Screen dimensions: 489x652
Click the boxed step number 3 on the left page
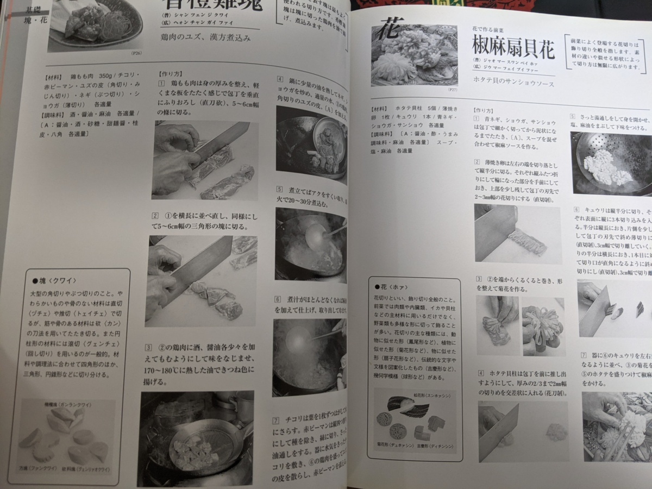point(147,347)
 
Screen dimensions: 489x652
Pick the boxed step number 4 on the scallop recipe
point(481,373)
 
